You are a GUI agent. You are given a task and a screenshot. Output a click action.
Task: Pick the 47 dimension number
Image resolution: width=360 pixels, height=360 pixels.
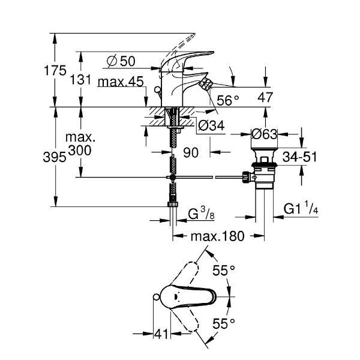pyautogui.click(x=266, y=97)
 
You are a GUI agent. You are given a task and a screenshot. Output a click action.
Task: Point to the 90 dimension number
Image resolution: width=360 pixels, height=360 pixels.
pyautogui.click(x=191, y=153)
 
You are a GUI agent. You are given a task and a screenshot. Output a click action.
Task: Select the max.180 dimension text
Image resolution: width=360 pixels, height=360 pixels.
pyautogui.click(x=217, y=236)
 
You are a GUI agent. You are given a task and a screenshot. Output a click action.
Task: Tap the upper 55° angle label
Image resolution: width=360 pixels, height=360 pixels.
pyautogui.click(x=224, y=271)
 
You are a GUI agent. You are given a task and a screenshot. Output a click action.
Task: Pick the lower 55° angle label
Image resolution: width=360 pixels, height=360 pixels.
pyautogui.click(x=224, y=325)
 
